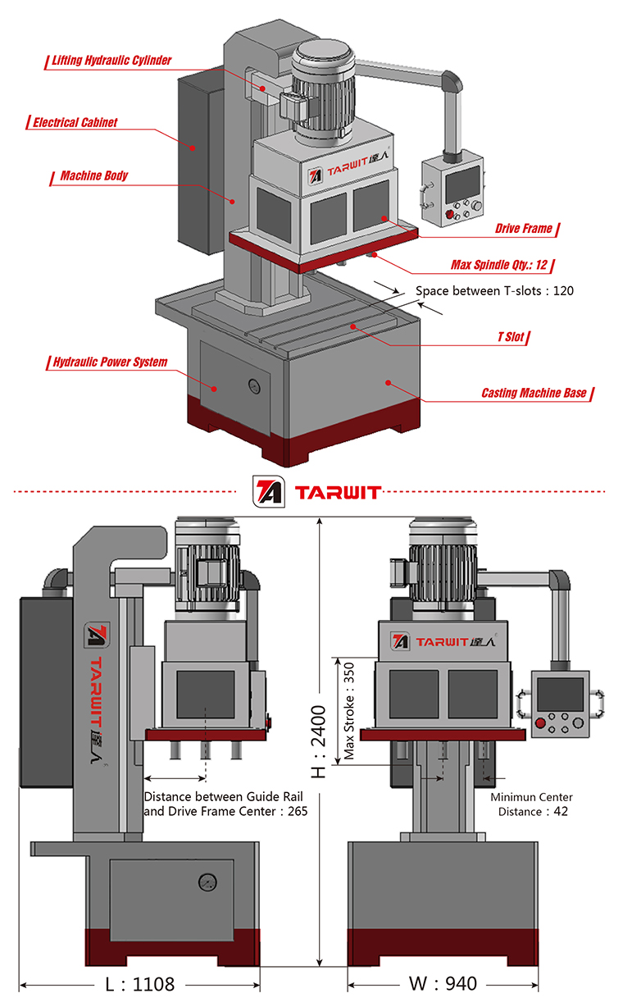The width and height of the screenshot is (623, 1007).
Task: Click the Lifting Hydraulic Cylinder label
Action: point(111,61)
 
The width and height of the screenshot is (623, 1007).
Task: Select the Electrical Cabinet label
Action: point(75,123)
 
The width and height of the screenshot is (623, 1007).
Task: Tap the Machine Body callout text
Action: point(93,175)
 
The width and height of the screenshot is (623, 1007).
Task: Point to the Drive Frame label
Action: point(523,229)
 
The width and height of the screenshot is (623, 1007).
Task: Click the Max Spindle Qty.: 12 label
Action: point(499,265)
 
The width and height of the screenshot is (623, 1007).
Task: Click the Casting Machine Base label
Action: point(534,393)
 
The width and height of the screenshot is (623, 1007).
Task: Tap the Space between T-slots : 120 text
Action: point(493,290)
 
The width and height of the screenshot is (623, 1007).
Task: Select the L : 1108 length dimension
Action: point(140,983)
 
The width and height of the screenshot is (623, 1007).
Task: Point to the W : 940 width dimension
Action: point(443,983)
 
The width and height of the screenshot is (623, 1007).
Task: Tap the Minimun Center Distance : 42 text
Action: point(532,804)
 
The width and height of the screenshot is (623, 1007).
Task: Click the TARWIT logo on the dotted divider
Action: point(316,492)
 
